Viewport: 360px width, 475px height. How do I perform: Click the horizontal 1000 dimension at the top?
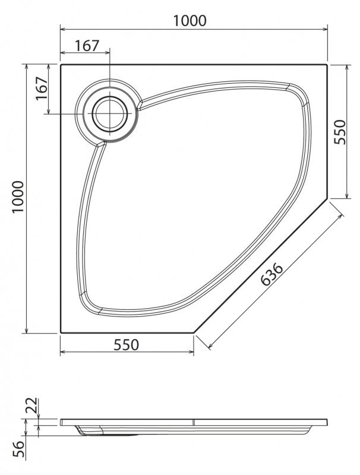(x=190, y=21)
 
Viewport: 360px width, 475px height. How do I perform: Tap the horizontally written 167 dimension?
(x=87, y=46)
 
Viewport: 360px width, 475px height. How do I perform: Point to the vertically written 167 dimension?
(x=41, y=89)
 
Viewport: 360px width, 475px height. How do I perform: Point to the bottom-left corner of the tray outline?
(x=61, y=332)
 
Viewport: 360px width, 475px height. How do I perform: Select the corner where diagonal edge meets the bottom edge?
(x=194, y=332)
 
